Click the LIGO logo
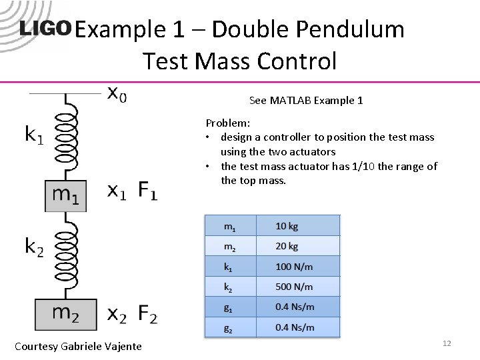click(x=45, y=29)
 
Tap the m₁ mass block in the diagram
click(x=66, y=195)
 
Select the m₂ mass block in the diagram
click(x=66, y=313)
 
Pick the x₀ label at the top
click(x=117, y=95)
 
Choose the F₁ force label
click(x=147, y=191)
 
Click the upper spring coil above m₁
click(x=66, y=137)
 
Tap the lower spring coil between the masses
click(x=66, y=255)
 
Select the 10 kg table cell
click(x=297, y=226)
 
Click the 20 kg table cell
click(x=297, y=246)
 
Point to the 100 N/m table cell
click(x=297, y=267)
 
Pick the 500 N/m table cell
click(x=297, y=287)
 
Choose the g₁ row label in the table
click(x=229, y=307)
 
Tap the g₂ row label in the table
click(x=229, y=327)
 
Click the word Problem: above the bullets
click(x=227, y=123)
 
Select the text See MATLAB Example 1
click(x=306, y=101)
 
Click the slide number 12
click(x=447, y=343)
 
